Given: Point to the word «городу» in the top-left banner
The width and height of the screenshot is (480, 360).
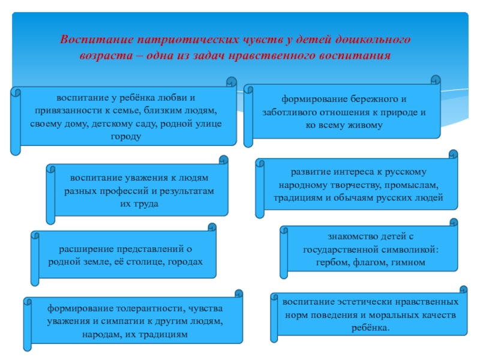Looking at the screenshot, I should tap(126, 137).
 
